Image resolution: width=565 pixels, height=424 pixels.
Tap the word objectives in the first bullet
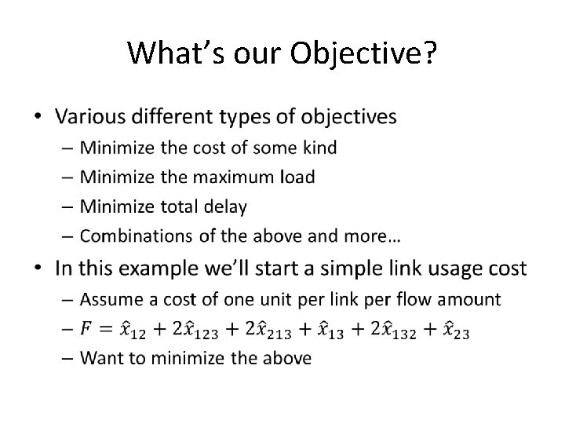(348, 117)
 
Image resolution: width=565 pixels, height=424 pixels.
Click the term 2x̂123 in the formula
(191, 330)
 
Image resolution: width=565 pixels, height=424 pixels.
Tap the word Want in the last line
(101, 359)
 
